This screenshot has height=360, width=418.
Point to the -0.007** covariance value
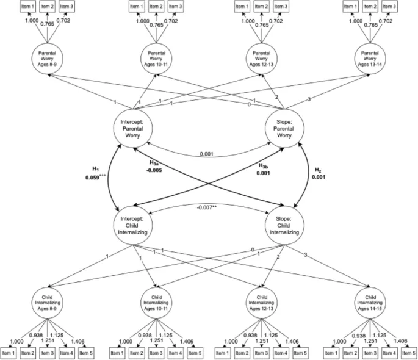[209, 208]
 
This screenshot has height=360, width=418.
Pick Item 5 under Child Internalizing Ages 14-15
[408, 352]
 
